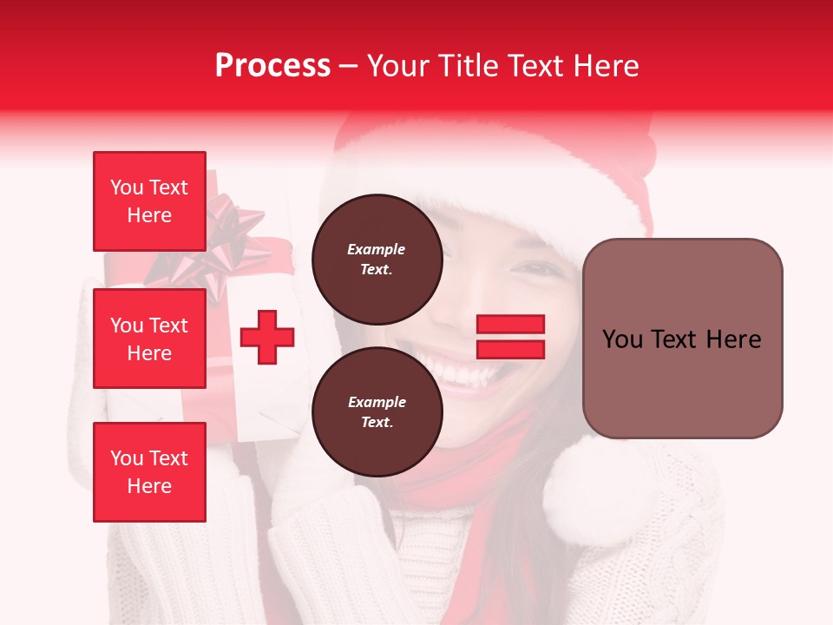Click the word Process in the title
(x=272, y=66)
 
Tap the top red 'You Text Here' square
(x=149, y=201)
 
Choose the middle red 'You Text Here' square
(x=149, y=339)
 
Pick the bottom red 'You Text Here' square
(x=149, y=472)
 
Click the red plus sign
(x=267, y=338)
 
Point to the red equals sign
(x=510, y=337)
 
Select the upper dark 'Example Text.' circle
(x=377, y=260)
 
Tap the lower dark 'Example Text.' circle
(x=377, y=412)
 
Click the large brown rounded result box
(x=682, y=339)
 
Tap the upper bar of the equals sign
(x=510, y=325)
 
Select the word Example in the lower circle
(x=377, y=402)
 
